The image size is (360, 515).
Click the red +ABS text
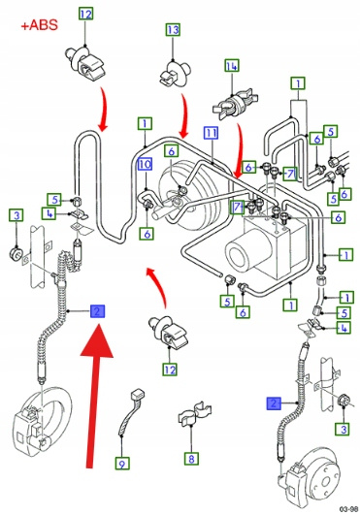point(40,25)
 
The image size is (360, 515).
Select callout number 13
point(173,29)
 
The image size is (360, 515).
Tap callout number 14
point(232,66)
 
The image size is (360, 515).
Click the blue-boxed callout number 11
point(211,132)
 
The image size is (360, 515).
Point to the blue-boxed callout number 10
point(145,164)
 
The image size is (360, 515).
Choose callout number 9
point(122,464)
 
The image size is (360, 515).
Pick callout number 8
point(191,458)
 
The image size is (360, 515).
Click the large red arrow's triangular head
point(97,340)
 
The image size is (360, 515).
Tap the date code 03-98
point(348,509)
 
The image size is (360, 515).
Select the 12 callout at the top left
point(85,14)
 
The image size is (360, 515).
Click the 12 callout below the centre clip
point(170,370)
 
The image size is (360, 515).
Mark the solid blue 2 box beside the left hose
point(98,311)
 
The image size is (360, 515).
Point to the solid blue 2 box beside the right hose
point(274,403)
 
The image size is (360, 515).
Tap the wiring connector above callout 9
point(131,412)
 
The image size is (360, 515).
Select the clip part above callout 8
point(194,414)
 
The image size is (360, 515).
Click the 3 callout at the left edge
point(16,215)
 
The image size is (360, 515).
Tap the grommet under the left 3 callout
point(16,253)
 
